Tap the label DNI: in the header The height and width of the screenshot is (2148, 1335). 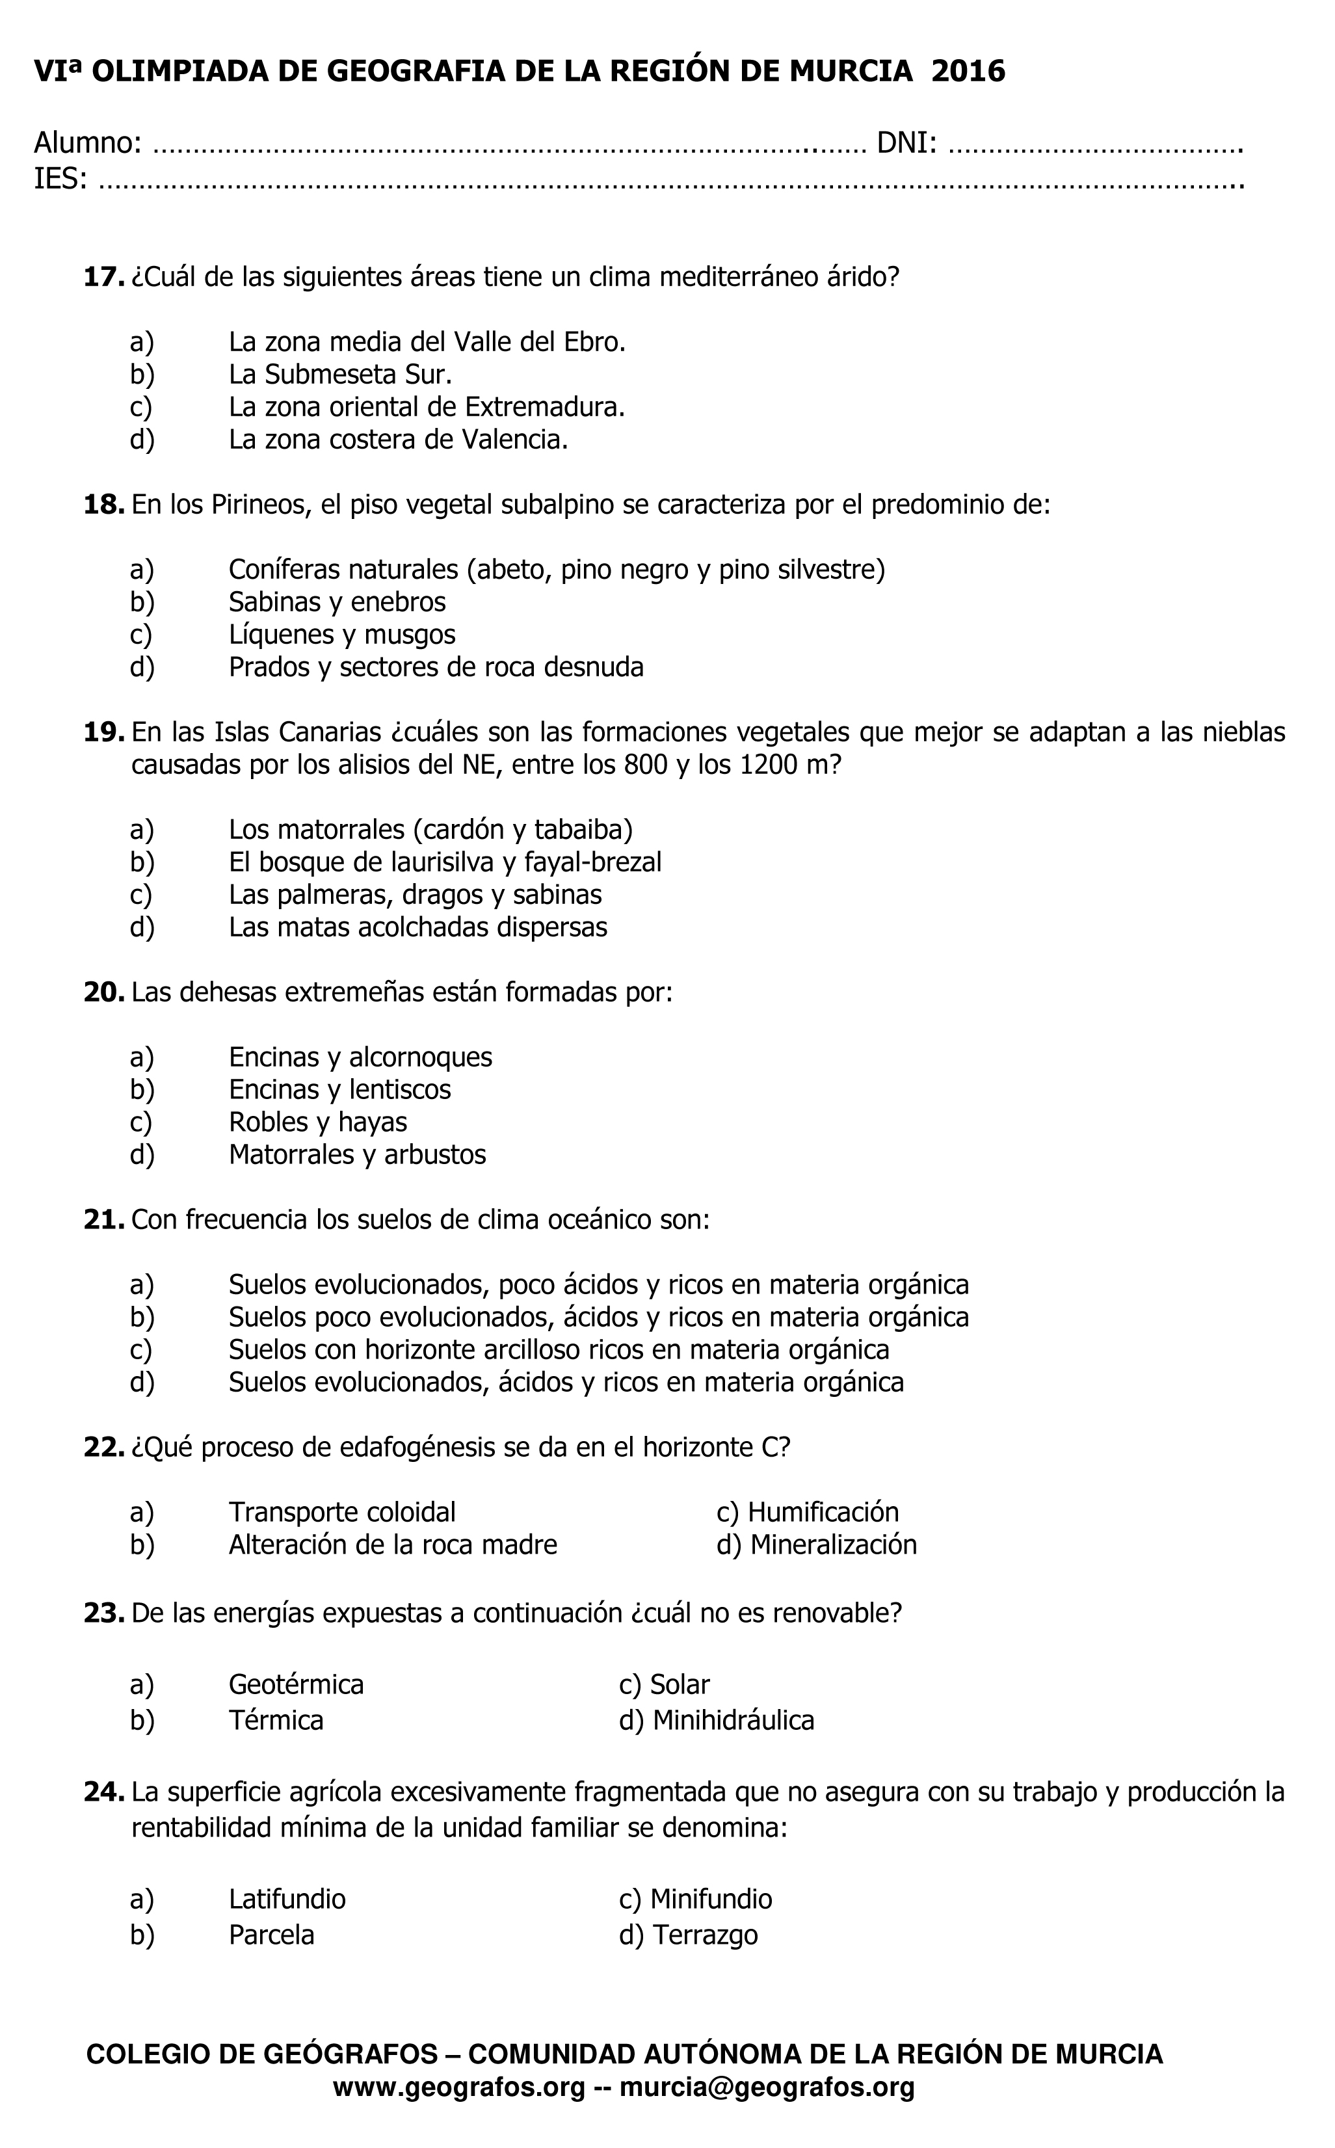(906, 142)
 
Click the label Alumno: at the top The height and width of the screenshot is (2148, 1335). (87, 142)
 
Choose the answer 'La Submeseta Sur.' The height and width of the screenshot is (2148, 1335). (340, 375)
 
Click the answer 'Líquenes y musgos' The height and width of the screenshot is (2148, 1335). (341, 635)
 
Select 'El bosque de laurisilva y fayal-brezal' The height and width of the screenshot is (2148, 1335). (445, 862)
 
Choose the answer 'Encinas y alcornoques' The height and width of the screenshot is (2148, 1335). (360, 1057)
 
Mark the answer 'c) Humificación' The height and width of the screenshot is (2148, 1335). (807, 1513)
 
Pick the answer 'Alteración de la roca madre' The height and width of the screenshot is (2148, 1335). (393, 1545)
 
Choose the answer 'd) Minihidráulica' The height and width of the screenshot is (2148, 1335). (716, 1720)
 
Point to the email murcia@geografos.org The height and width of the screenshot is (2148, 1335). (767, 2088)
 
